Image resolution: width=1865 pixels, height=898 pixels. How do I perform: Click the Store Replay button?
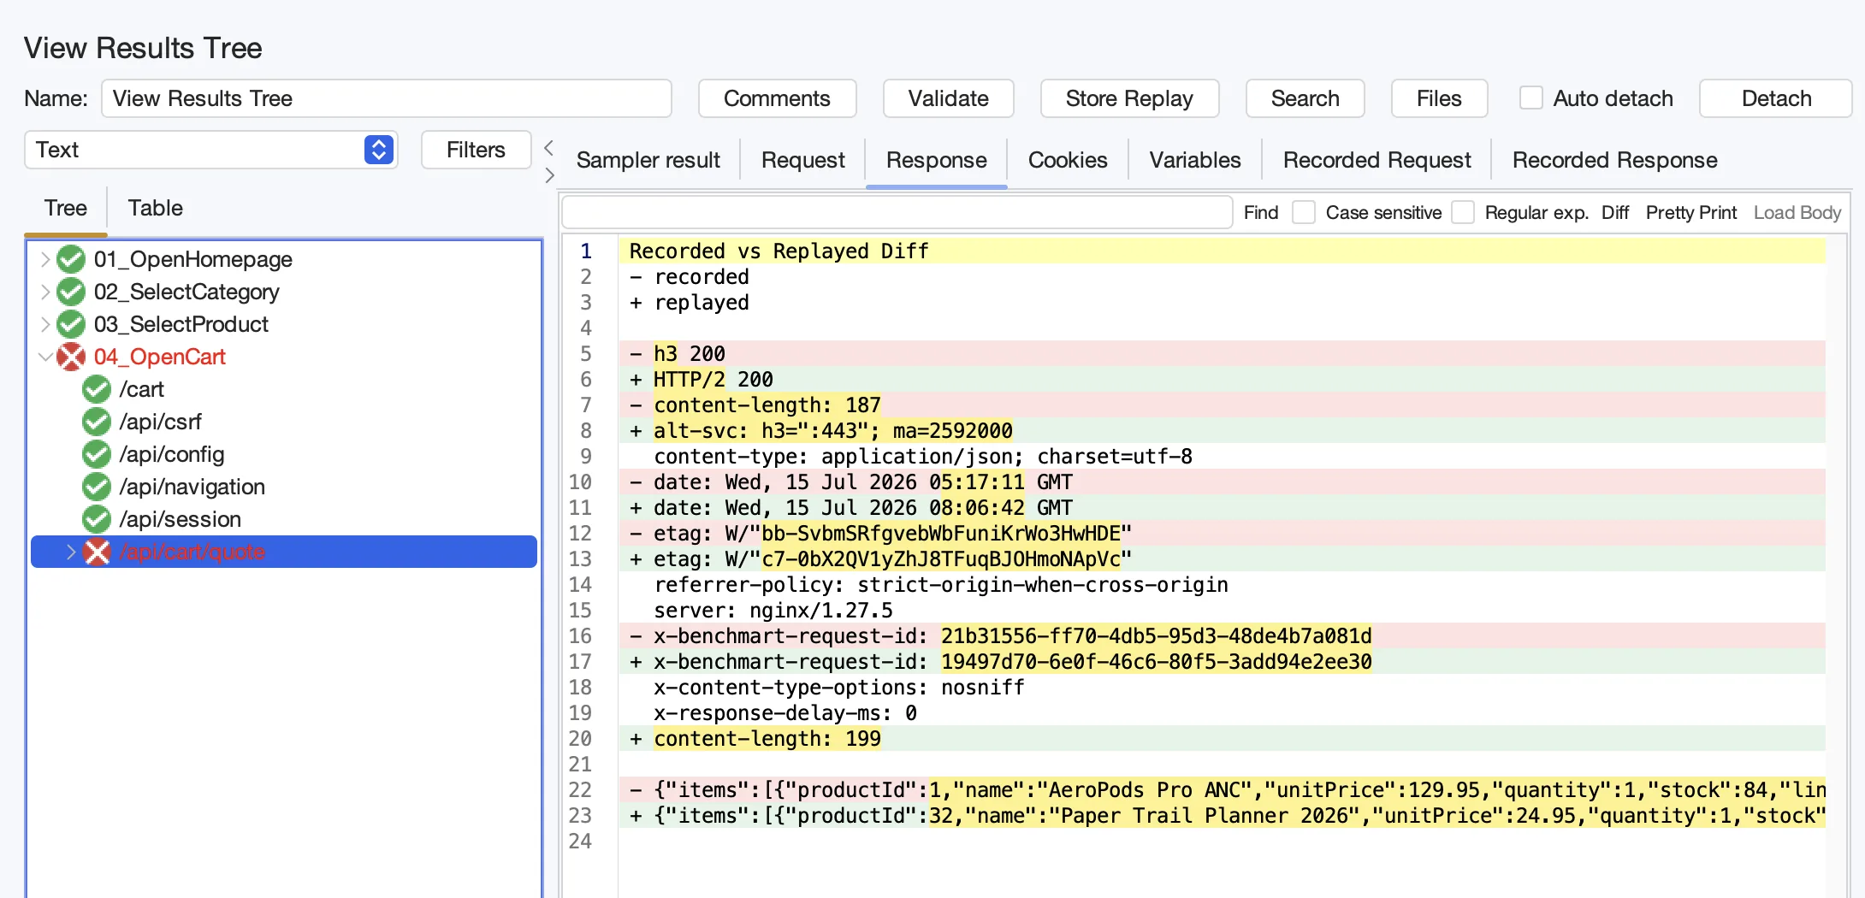click(x=1129, y=98)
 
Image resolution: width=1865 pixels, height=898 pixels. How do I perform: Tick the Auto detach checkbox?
click(x=1530, y=98)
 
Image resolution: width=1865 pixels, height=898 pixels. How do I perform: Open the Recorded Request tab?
click(x=1377, y=160)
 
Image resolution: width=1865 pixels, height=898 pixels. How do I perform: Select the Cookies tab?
click(x=1068, y=160)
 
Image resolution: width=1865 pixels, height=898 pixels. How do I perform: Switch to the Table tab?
click(x=155, y=208)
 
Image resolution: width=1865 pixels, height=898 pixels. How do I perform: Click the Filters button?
click(x=476, y=150)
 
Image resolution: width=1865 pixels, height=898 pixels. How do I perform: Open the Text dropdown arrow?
click(x=379, y=150)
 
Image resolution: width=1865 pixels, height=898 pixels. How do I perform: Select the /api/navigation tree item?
click(x=192, y=487)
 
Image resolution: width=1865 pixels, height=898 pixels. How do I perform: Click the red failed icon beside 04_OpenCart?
click(x=71, y=357)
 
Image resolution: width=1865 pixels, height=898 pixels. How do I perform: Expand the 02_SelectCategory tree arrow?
click(x=44, y=292)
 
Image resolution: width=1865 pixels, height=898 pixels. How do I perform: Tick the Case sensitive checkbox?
click(x=1304, y=212)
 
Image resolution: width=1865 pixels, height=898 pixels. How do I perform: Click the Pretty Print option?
click(x=1691, y=212)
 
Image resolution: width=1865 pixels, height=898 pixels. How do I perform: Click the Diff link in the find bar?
click(x=1615, y=212)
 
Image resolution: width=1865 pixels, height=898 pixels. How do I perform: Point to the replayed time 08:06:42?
click(x=977, y=508)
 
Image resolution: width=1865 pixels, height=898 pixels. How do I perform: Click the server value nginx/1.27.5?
click(x=820, y=611)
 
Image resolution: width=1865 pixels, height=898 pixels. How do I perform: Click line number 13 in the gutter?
click(x=580, y=559)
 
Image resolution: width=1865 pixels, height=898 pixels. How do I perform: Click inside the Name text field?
click(x=387, y=98)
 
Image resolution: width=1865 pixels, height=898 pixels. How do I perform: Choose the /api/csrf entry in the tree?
click(x=161, y=422)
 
